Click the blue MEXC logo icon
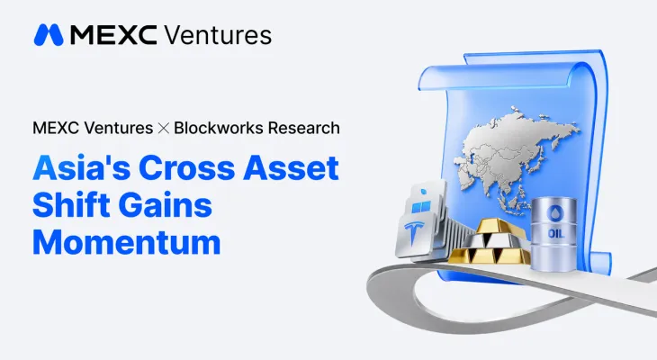click(49, 35)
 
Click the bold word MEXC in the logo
click(114, 35)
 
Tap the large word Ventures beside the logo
click(218, 35)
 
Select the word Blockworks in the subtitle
click(219, 128)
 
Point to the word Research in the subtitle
click(304, 128)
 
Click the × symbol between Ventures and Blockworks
click(164, 128)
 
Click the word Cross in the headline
click(187, 167)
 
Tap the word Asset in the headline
click(292, 167)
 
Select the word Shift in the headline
click(71, 205)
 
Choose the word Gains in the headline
click(166, 205)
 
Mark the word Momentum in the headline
click(127, 242)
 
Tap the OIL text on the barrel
click(555, 233)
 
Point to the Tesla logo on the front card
click(414, 234)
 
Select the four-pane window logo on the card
click(421, 207)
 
